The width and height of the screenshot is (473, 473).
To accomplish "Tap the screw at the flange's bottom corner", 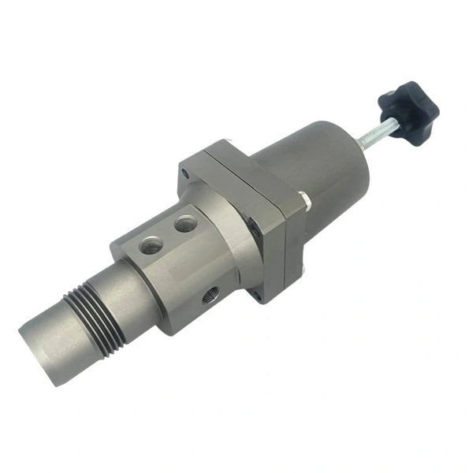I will click(256, 296).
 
